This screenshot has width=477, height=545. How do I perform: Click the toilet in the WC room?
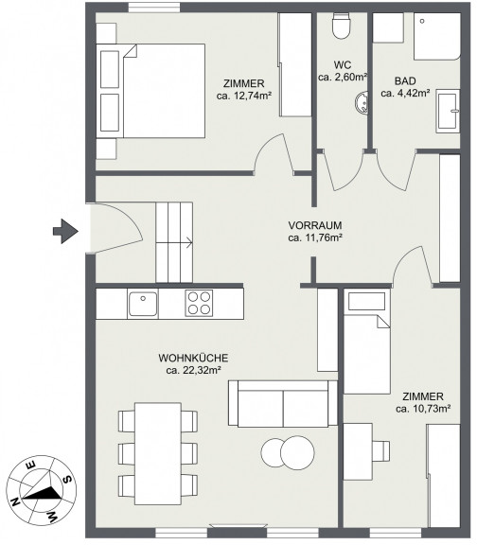(x=342, y=26)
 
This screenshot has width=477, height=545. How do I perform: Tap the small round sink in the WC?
(x=362, y=102)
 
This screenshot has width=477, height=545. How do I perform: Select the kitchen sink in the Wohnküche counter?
(x=143, y=304)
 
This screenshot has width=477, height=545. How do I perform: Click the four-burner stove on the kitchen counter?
(x=199, y=303)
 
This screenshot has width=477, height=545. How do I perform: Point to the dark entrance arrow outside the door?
(x=65, y=231)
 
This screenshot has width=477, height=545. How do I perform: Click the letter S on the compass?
(x=67, y=480)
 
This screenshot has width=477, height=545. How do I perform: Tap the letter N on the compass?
(x=15, y=501)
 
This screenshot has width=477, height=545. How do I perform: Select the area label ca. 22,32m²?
(x=194, y=370)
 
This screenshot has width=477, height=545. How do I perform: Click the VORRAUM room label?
(x=315, y=225)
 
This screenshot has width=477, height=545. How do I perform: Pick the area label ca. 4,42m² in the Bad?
(x=405, y=93)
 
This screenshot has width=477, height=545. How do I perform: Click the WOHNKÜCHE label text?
(x=193, y=358)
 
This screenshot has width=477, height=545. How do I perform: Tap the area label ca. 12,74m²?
(x=244, y=96)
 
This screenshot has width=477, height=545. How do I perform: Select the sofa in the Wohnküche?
(x=283, y=403)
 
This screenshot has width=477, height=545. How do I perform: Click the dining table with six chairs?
(x=158, y=453)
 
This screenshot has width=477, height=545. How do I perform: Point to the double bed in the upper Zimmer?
(x=150, y=91)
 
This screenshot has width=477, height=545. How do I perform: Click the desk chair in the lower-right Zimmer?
(x=381, y=450)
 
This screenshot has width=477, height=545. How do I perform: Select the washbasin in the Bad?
(x=449, y=111)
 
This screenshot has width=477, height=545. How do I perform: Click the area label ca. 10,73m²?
(x=423, y=409)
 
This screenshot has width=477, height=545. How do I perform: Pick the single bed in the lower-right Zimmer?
(x=367, y=343)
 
